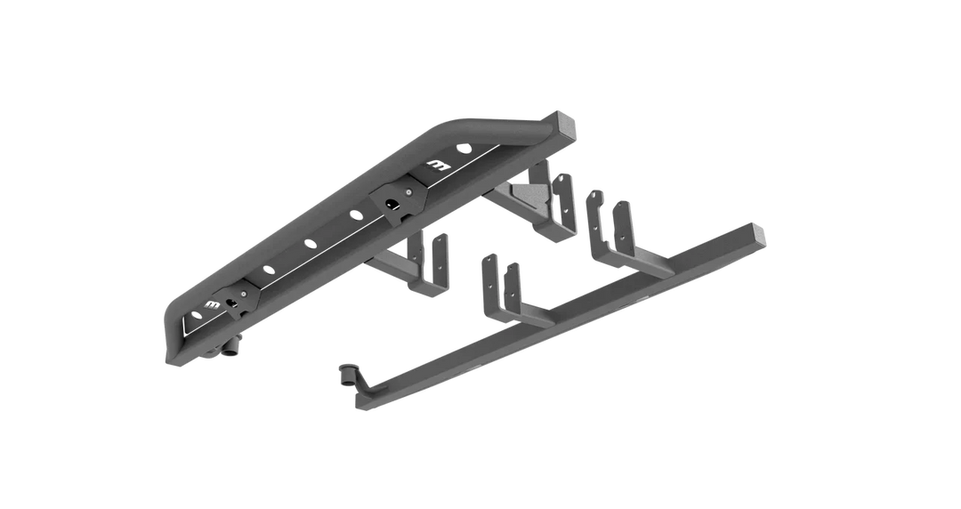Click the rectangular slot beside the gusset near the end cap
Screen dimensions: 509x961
[438, 166]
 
